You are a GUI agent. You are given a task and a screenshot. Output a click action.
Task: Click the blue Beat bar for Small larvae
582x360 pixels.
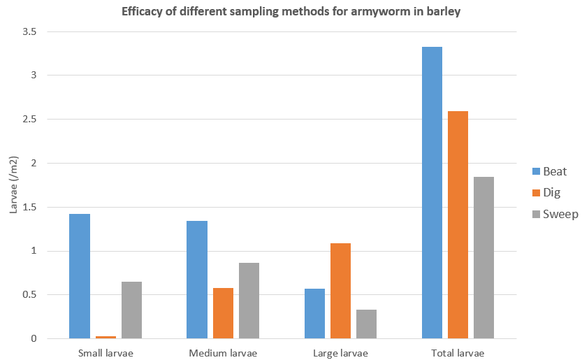click(80, 276)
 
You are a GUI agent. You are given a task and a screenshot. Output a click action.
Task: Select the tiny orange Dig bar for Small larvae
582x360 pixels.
click(106, 337)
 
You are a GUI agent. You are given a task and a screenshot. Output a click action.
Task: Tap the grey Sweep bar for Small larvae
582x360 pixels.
click(131, 310)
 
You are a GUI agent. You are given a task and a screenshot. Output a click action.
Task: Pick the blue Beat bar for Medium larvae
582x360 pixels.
click(197, 280)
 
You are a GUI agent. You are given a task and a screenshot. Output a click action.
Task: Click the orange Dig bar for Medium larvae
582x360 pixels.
click(223, 313)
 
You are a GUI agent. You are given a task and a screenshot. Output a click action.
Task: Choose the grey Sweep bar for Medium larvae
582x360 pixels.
click(249, 301)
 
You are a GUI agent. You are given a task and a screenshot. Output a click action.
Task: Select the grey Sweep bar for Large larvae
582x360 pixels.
click(366, 324)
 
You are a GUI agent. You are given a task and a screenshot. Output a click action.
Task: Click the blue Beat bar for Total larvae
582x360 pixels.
click(432, 192)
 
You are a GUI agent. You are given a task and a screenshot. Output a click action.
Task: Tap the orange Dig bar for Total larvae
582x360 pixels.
click(458, 224)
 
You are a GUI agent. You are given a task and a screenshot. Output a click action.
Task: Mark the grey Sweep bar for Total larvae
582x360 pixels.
click(483, 257)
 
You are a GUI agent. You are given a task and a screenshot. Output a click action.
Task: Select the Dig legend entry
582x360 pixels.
click(545, 193)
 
